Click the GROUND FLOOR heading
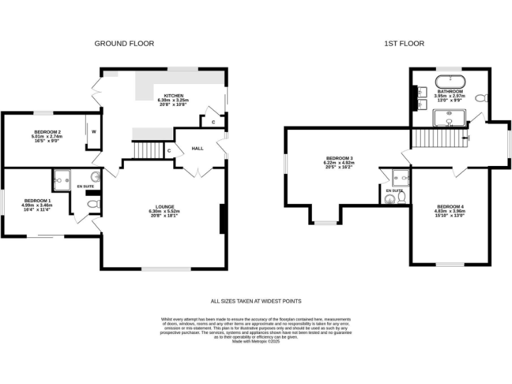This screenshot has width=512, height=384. click(124, 43)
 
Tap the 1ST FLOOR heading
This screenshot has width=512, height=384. click(403, 43)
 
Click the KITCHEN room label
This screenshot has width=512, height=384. click(174, 95)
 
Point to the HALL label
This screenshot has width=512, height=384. click(198, 148)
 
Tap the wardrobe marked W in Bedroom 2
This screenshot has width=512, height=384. click(93, 132)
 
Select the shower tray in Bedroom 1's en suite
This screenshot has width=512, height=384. click(63, 178)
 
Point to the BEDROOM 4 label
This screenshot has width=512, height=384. click(450, 207)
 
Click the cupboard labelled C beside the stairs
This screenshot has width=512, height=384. click(169, 151)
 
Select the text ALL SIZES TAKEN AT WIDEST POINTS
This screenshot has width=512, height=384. click(256, 301)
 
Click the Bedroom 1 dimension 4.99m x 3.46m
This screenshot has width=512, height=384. click(37, 205)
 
